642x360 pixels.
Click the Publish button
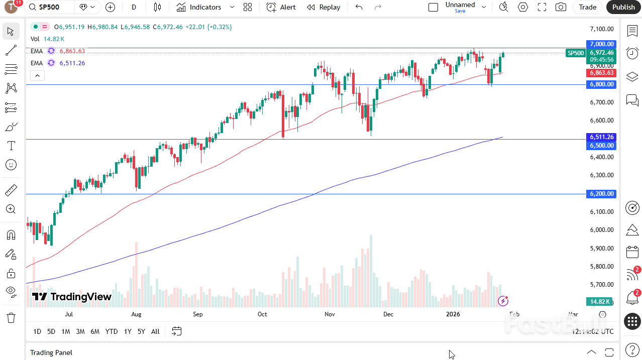[623, 7]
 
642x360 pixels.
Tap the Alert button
[281, 7]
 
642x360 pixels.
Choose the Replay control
[324, 7]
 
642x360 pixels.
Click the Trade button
[587, 7]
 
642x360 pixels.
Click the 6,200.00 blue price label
[601, 194]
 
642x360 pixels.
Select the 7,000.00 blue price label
[601, 44]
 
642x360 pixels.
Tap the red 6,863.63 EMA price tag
[601, 73]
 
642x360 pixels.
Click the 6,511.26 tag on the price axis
[601, 137]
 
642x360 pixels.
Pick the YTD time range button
[112, 331]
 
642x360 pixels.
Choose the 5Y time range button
[142, 331]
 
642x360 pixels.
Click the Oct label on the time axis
[262, 314]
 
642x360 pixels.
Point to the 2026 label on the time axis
[453, 314]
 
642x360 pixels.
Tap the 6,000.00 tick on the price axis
[601, 230]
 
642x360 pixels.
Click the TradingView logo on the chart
[72, 297]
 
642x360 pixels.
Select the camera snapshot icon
[561, 7]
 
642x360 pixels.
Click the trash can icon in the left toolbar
[11, 318]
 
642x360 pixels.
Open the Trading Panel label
[51, 352]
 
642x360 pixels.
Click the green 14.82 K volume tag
[600, 302]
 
